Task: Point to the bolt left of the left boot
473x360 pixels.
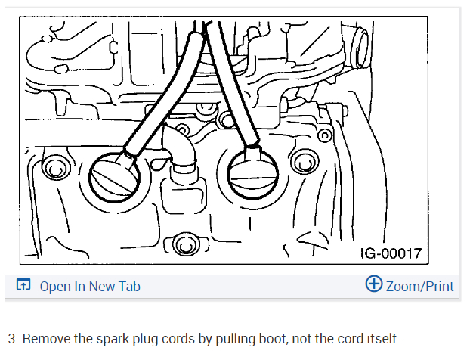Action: coord(54,167)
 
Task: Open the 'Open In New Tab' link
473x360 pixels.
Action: coord(89,286)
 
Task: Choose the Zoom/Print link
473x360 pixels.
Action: coord(419,286)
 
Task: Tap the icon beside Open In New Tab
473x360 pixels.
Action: coord(23,286)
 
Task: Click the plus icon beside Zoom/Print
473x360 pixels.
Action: coord(373,284)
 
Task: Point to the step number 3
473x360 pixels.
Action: coord(11,338)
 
